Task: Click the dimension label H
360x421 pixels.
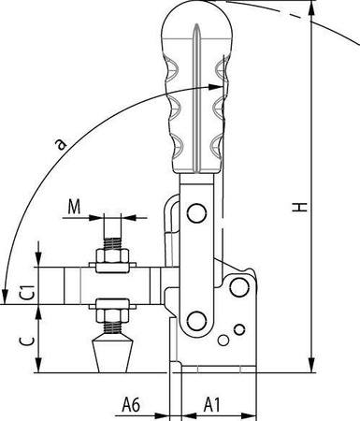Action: (300, 208)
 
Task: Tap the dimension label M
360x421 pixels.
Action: (74, 207)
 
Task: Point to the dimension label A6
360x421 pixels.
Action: (131, 405)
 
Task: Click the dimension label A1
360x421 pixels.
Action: (212, 405)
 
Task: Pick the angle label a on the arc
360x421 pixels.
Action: (61, 144)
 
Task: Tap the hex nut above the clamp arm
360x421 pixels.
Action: (112, 255)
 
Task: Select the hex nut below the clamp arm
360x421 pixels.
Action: (112, 315)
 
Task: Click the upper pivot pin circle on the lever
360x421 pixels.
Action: (196, 213)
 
